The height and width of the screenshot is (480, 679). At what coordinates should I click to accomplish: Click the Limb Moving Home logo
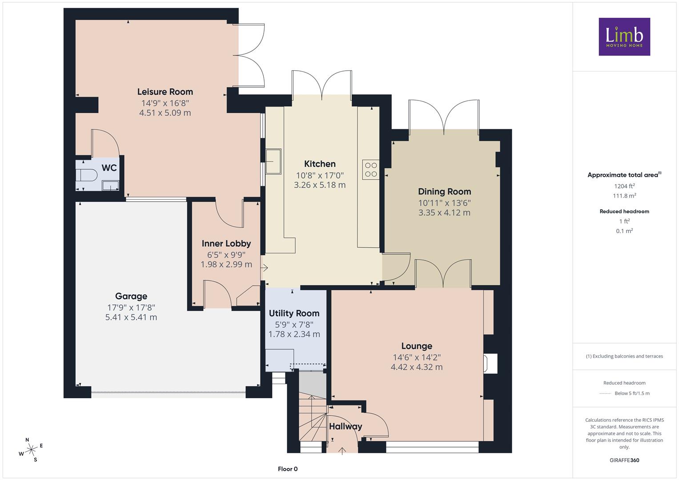click(x=624, y=36)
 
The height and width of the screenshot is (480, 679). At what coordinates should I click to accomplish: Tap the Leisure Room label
click(x=165, y=92)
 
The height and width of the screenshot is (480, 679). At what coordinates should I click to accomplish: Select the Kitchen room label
click(x=320, y=164)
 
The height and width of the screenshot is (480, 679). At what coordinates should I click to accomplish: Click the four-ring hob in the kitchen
click(x=371, y=170)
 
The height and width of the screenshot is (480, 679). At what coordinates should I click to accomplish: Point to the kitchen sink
click(x=273, y=161)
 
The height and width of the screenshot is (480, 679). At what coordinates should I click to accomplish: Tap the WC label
click(x=109, y=168)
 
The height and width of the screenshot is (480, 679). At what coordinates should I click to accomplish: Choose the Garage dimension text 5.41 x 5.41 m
click(x=131, y=317)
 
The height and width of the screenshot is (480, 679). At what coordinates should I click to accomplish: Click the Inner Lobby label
click(x=226, y=244)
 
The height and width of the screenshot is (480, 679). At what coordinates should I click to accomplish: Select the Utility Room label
click(x=294, y=313)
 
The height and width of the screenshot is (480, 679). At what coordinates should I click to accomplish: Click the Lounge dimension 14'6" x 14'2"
click(x=417, y=358)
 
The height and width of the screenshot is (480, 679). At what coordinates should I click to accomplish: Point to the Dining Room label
click(x=444, y=192)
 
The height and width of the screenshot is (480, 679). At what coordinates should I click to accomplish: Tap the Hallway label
click(x=346, y=427)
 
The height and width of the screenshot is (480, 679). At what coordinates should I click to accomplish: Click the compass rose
click(x=31, y=450)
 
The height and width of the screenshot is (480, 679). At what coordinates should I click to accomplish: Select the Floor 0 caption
click(x=288, y=469)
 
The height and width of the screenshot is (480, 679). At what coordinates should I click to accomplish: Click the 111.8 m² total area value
click(x=624, y=196)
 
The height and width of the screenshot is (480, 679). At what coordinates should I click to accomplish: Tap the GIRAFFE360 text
click(x=624, y=460)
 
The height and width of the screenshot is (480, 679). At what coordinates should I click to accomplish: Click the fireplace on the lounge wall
click(x=490, y=364)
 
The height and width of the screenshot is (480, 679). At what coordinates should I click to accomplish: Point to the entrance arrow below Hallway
click(x=342, y=451)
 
